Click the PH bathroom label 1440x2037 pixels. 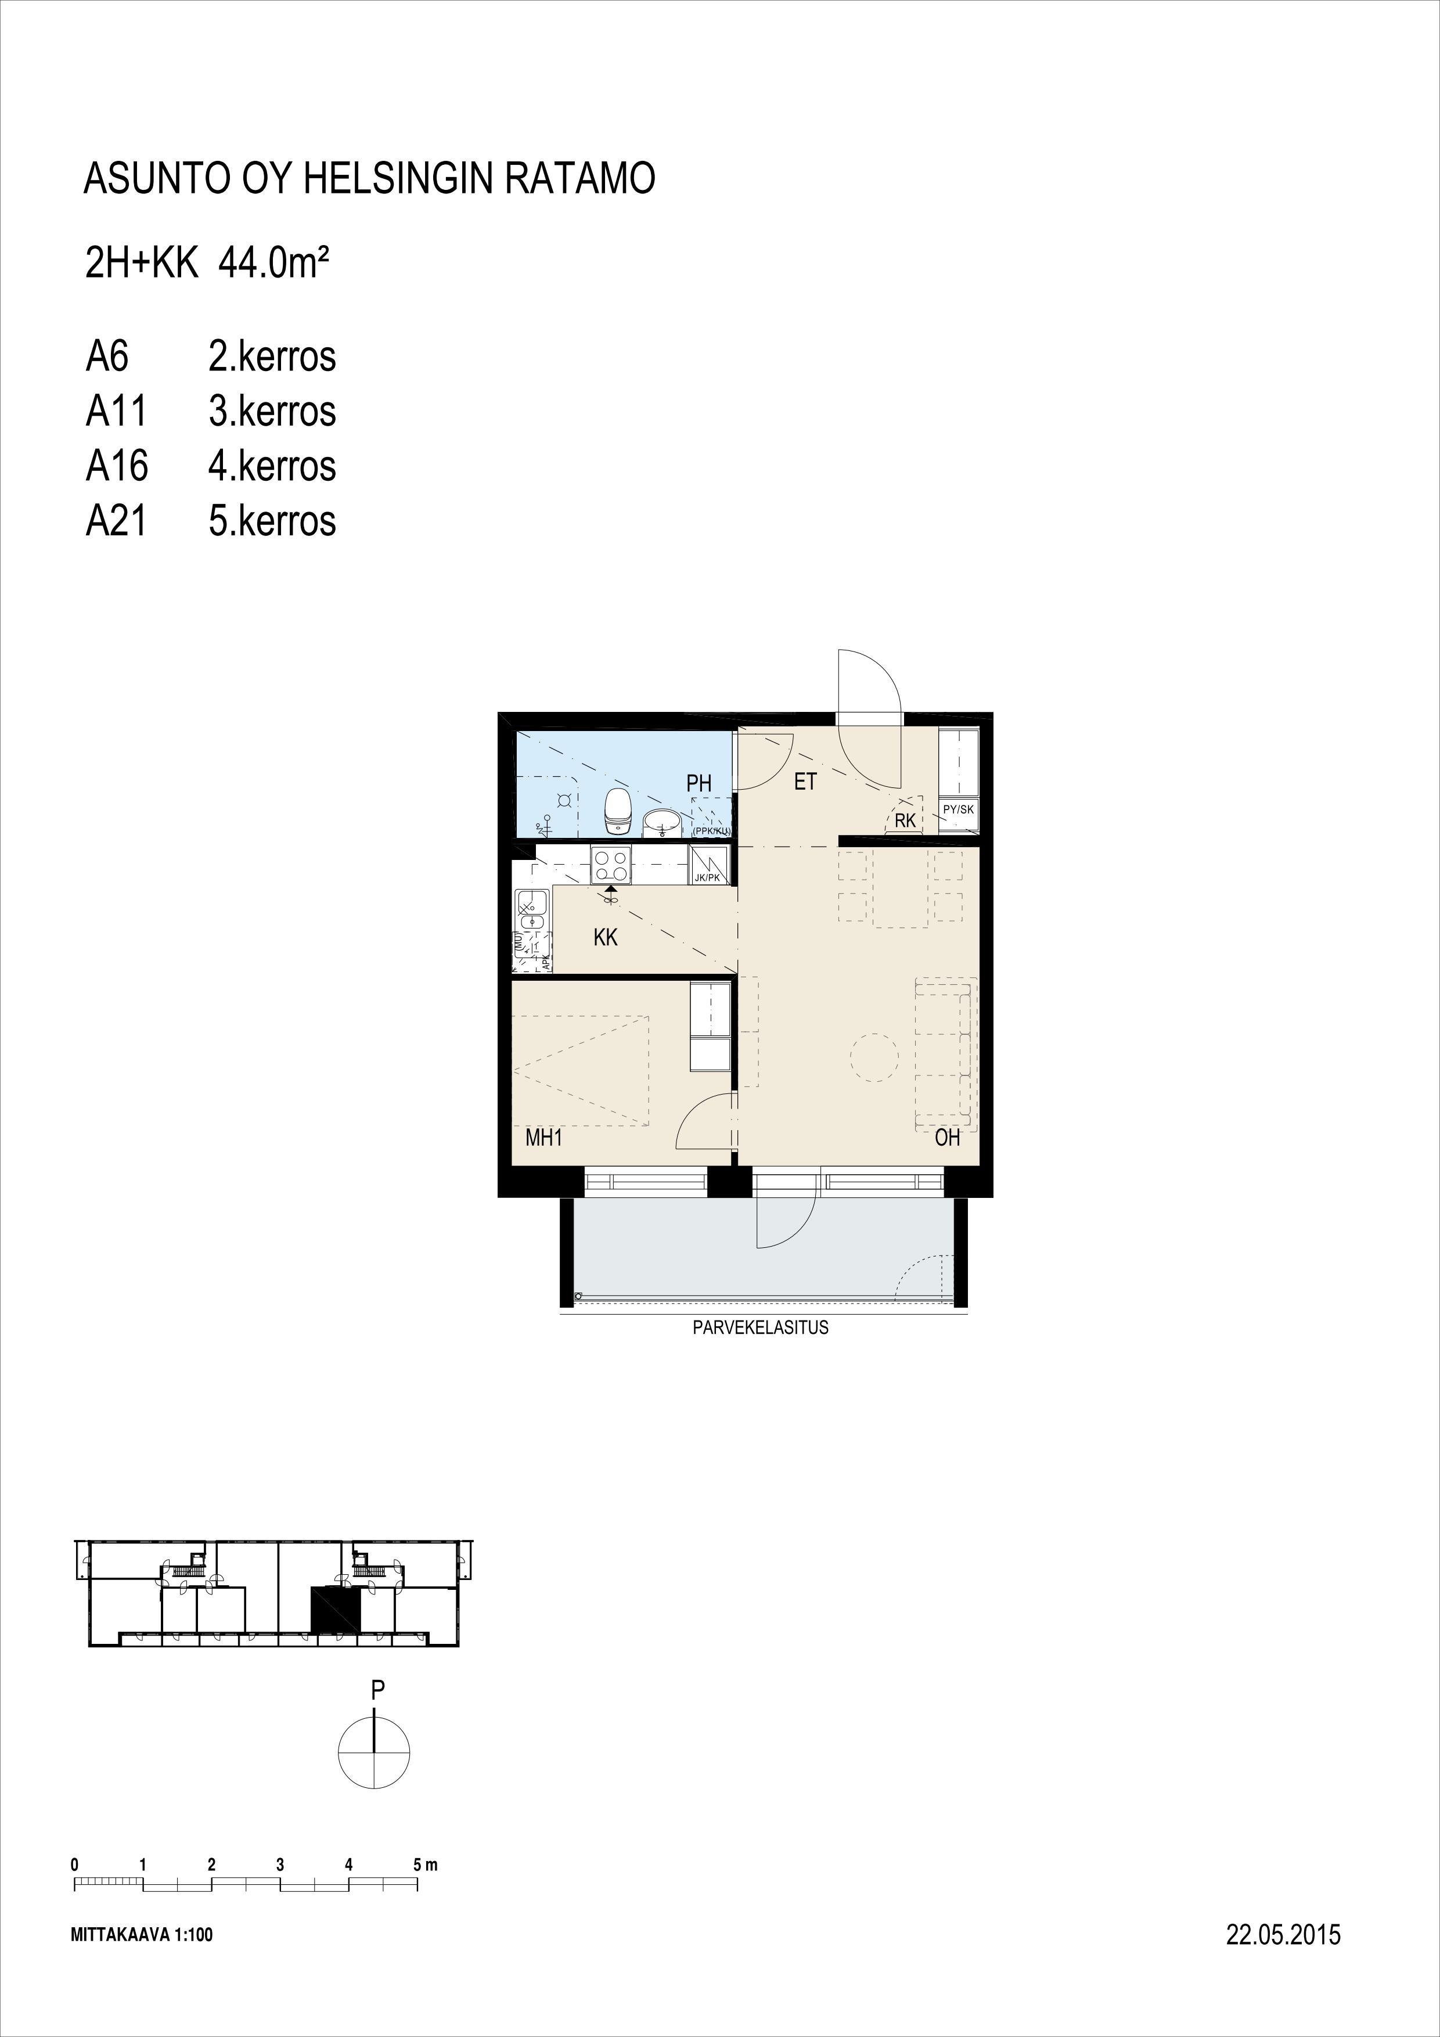pos(699,783)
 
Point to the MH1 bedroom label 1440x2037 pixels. pos(544,1138)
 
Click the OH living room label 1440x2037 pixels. pos(948,1138)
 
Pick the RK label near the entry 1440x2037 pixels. pos(905,820)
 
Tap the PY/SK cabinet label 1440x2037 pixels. pos(958,809)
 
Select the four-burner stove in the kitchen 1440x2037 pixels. pos(612,866)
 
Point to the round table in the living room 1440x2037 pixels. pos(874,1057)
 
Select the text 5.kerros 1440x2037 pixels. pos(272,521)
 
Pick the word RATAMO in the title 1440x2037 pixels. pos(580,178)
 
